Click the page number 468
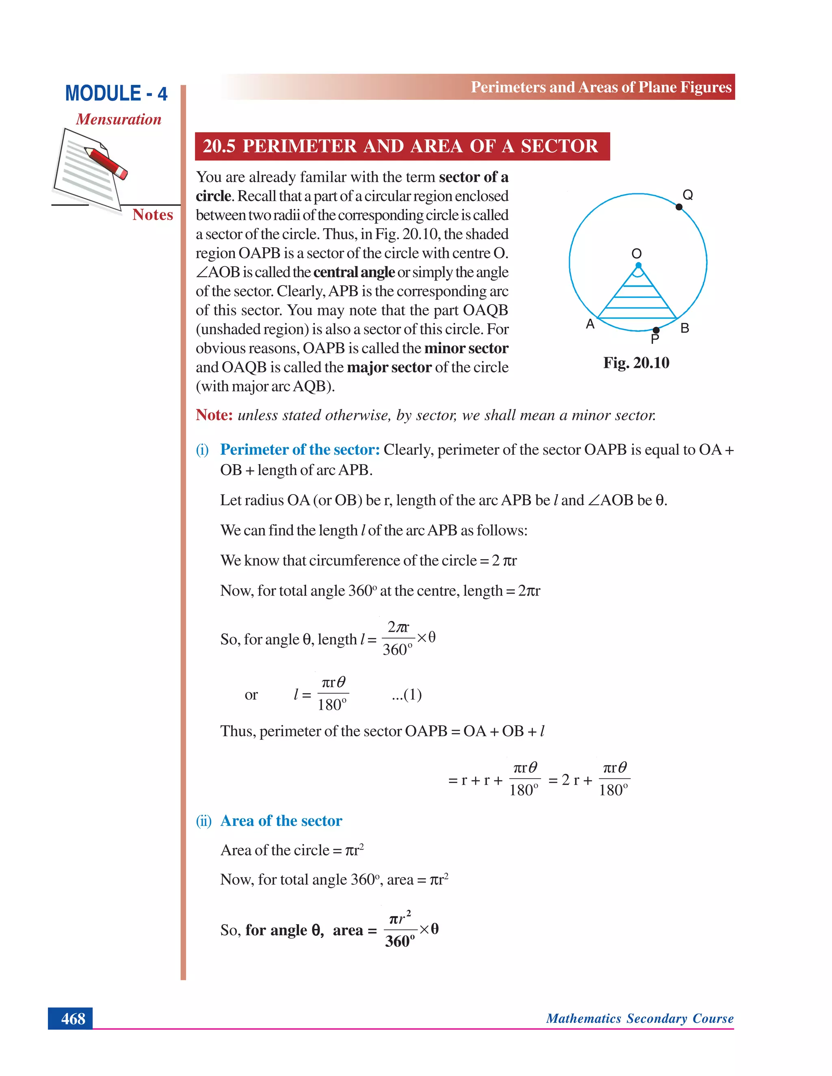click(x=73, y=1018)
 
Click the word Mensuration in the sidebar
click(x=118, y=119)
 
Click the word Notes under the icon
click(x=152, y=215)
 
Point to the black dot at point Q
click(x=679, y=207)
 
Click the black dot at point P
click(x=656, y=330)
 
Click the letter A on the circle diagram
click(x=590, y=324)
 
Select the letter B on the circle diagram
click(x=685, y=328)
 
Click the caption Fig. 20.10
click(x=636, y=363)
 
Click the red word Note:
click(x=214, y=415)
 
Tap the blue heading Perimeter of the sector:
click(x=300, y=449)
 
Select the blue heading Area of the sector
click(x=281, y=820)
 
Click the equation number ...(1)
click(x=407, y=694)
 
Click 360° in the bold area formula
click(x=400, y=941)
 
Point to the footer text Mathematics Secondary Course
click(x=639, y=1018)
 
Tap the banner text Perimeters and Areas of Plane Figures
click(x=601, y=87)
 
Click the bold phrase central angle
click(x=353, y=272)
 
